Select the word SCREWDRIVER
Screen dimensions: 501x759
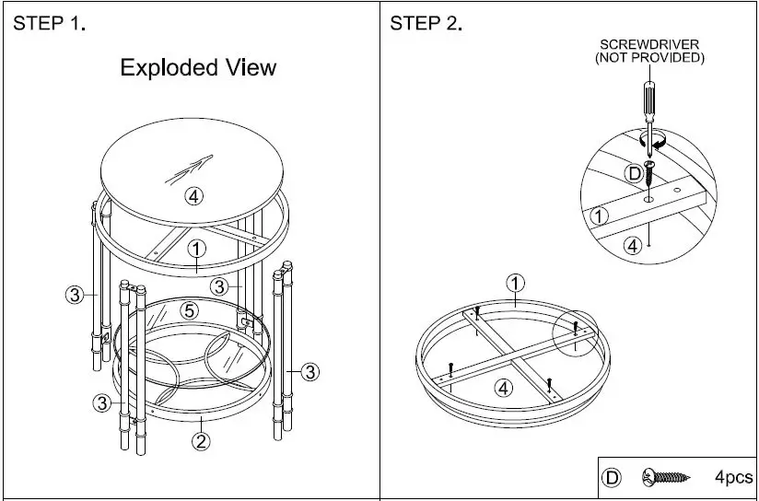coord(649,44)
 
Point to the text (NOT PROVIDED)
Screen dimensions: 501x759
coord(649,58)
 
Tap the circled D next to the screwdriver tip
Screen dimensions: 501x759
coord(635,172)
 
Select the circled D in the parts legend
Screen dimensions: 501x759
coord(611,478)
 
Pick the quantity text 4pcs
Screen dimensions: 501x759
coord(732,478)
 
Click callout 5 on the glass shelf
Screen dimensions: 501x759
coord(189,310)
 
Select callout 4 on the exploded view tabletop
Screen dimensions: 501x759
coord(193,195)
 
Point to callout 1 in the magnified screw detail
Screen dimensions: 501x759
coord(599,216)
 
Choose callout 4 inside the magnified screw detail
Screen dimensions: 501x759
coord(633,245)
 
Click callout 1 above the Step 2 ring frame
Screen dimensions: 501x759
coord(515,282)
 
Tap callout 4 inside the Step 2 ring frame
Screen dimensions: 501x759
coord(503,387)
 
